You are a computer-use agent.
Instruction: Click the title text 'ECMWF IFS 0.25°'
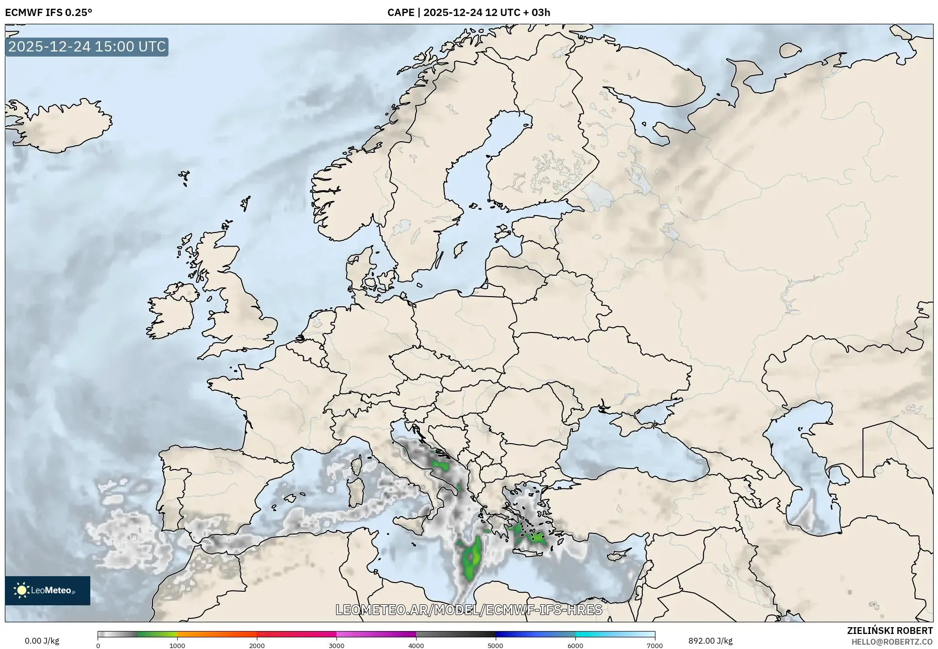click(x=49, y=13)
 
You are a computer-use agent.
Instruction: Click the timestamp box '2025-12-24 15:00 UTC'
click(x=87, y=47)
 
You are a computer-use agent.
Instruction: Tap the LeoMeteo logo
click(x=48, y=590)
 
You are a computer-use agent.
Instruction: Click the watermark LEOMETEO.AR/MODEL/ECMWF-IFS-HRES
click(x=469, y=610)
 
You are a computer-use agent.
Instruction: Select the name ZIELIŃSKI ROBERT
click(x=889, y=631)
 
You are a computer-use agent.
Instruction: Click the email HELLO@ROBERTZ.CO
click(x=892, y=642)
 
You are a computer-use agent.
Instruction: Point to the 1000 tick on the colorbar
click(x=177, y=645)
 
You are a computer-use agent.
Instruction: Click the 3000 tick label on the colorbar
click(x=336, y=645)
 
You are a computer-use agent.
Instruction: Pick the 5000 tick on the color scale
click(x=496, y=645)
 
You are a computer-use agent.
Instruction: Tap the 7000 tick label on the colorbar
click(x=654, y=645)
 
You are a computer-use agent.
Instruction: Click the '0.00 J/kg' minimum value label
click(x=42, y=641)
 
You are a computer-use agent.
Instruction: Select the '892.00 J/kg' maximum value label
click(x=710, y=641)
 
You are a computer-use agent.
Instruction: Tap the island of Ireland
click(x=170, y=311)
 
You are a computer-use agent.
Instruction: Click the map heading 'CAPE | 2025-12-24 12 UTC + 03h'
click(x=469, y=13)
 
